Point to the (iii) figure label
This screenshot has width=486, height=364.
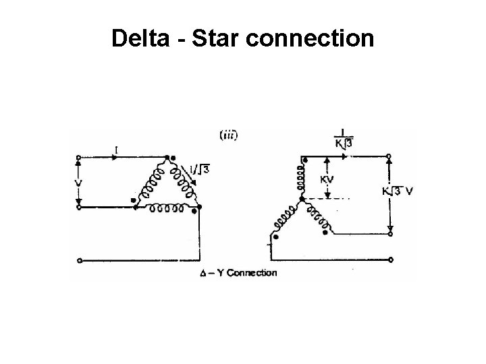point(228,135)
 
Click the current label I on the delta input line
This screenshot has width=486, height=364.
point(118,149)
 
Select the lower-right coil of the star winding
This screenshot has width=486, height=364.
point(315,217)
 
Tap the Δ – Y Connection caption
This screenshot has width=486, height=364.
point(238,273)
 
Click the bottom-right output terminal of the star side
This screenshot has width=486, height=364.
point(390,258)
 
